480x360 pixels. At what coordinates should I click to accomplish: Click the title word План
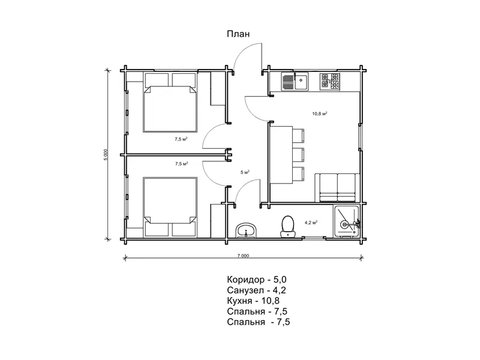pos(238,34)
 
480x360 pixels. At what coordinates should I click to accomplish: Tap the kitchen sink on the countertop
pos(295,82)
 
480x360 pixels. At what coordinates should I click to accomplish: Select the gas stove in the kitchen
pos(329,82)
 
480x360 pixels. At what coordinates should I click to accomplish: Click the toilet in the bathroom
pos(288,227)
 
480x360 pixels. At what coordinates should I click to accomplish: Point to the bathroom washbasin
pos(247,230)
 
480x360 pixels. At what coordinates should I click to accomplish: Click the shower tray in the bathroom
pos(347,221)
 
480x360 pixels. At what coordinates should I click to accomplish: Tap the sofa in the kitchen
pos(337,188)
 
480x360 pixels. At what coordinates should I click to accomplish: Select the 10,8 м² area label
pos(320,114)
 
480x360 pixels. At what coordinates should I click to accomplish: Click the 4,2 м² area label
pos(311,223)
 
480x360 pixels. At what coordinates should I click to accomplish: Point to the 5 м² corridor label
pos(245,172)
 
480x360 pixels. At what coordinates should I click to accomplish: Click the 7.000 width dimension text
pos(243,256)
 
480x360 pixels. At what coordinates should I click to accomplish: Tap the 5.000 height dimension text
pos(106,155)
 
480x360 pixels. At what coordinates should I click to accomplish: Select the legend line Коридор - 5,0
pos(257,280)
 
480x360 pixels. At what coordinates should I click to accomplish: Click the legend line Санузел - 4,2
pos(257,290)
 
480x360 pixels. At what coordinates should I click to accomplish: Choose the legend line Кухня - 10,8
pos(253,301)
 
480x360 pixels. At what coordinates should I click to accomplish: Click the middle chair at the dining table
pos(299,155)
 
